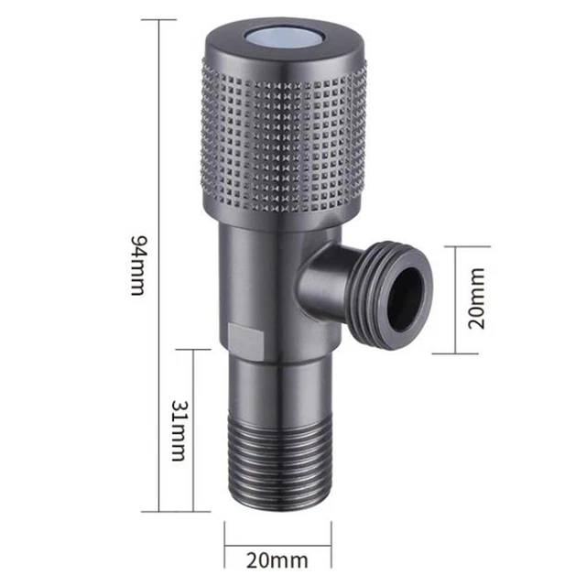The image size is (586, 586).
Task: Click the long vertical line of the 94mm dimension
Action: [161, 265]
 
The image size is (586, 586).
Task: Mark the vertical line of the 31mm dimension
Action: [194, 429]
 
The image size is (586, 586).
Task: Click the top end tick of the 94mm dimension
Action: [161, 19]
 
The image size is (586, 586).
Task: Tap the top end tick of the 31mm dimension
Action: [194, 349]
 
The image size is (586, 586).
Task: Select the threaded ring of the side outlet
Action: [385, 288]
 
